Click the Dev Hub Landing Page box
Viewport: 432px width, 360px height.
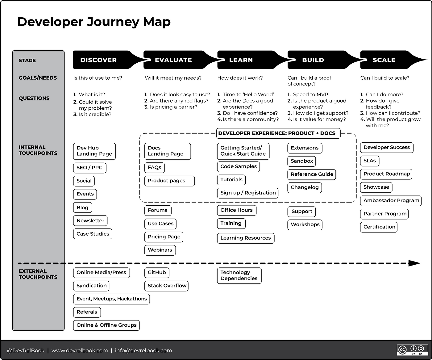[x=94, y=151]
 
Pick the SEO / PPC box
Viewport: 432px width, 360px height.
[x=89, y=168]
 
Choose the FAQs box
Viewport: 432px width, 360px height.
[x=155, y=167]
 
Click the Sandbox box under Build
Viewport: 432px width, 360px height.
[x=302, y=161]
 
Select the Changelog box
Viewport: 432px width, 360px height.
[x=305, y=187]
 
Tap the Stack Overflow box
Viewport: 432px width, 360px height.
[x=167, y=286]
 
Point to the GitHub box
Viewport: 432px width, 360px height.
[x=157, y=272]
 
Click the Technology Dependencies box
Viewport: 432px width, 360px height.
[x=239, y=275]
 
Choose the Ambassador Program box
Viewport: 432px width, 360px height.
[x=391, y=200]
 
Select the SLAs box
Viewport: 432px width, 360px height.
[x=370, y=161]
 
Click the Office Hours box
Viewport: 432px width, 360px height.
[x=236, y=210]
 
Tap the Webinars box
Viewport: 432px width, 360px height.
[x=160, y=250]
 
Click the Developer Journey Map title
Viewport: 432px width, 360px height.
[x=94, y=22]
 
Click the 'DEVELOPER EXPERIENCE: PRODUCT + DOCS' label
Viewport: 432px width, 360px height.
[x=277, y=133]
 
